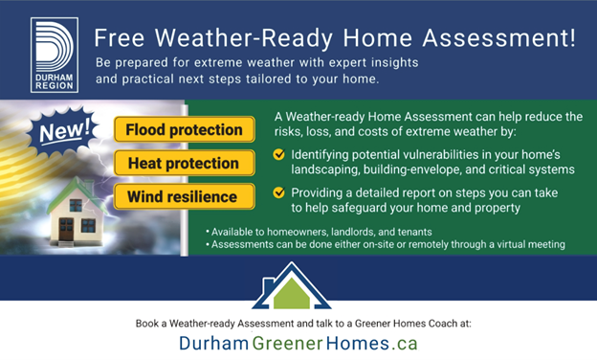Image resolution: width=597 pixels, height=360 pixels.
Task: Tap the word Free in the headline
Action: tap(122, 38)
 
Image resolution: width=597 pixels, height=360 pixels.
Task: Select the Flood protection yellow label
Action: tap(185, 128)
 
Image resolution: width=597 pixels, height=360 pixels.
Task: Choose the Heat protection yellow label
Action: tap(183, 163)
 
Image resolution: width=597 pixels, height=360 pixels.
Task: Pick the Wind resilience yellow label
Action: tap(183, 197)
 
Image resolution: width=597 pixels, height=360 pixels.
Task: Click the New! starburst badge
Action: tap(62, 131)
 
